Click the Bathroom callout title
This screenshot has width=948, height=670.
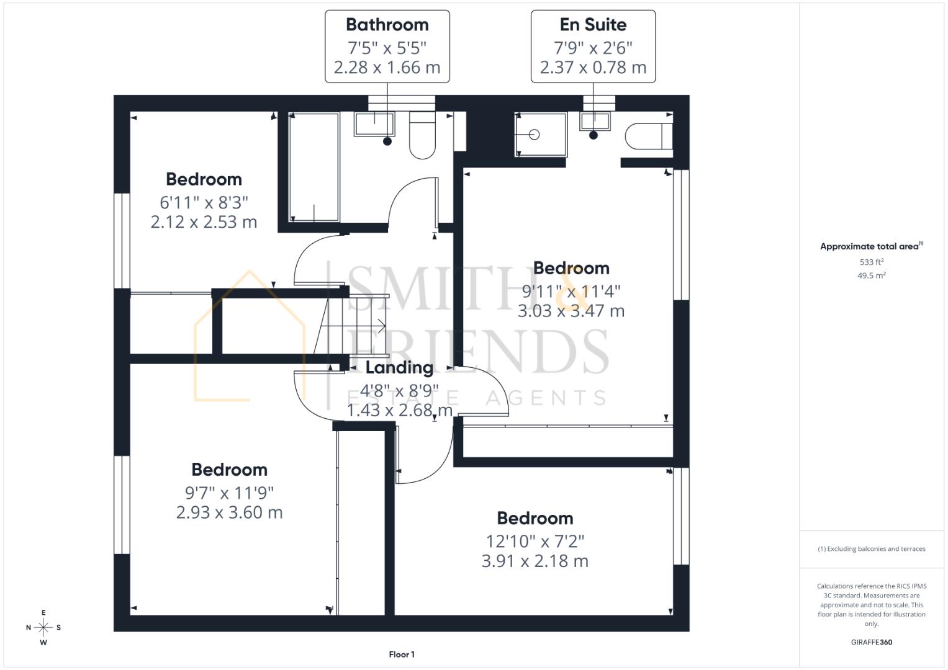[x=387, y=25]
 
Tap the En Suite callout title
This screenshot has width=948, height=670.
[x=593, y=25]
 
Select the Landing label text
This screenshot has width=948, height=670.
[x=400, y=367]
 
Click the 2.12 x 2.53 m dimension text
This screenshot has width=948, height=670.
[x=204, y=222]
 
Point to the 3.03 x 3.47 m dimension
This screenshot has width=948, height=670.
[x=571, y=311]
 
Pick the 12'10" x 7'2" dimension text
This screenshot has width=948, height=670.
[x=535, y=542]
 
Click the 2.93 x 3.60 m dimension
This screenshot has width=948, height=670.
[x=229, y=512]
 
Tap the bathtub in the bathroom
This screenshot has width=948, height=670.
[x=314, y=167]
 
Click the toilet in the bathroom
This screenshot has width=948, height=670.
[x=422, y=135]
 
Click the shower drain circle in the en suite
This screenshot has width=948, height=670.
[x=535, y=135]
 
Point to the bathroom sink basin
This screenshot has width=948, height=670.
[x=374, y=124]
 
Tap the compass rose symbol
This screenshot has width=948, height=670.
[x=43, y=627]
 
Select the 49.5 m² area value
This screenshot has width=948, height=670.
[x=872, y=275]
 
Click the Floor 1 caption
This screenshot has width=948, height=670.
[x=402, y=654]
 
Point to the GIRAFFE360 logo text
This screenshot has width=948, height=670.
[x=872, y=642]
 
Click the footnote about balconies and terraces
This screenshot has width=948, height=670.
[x=872, y=549]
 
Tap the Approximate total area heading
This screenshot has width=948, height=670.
[x=872, y=246]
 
